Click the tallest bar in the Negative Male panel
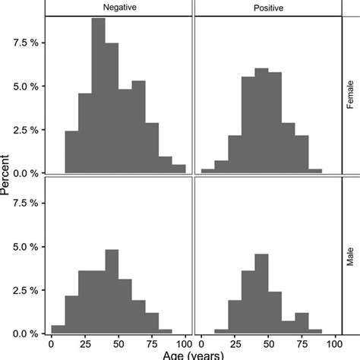112,292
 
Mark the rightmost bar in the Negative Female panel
178,169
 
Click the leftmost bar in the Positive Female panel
207,171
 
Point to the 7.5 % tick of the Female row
30,42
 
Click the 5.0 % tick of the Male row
30,247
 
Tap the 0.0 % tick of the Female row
30,173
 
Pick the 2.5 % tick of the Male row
30,290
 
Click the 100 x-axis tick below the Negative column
185,343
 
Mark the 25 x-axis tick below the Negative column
85,343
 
